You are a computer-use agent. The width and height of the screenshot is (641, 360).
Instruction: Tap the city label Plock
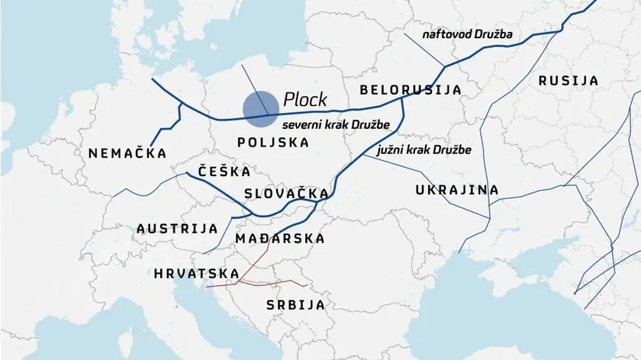coord(304,99)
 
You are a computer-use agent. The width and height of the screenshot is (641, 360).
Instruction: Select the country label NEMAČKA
coord(127,153)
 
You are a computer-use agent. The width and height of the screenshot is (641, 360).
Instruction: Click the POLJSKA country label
coord(273,143)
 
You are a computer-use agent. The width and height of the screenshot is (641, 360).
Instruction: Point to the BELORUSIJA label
coord(411,90)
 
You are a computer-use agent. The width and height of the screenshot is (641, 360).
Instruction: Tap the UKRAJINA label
coord(457,190)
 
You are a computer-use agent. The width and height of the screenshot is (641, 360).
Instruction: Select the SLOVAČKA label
coord(286,194)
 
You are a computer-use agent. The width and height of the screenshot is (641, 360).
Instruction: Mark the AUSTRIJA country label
coord(177,228)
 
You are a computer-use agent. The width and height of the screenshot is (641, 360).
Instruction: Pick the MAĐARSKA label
coord(281,239)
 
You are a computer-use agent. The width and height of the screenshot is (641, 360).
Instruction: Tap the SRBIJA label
coord(295,305)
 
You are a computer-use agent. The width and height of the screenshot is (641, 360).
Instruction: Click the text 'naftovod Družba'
coord(469,35)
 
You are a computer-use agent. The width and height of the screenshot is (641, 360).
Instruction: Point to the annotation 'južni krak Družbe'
coord(424,149)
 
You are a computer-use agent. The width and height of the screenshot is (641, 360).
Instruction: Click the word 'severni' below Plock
coord(301,124)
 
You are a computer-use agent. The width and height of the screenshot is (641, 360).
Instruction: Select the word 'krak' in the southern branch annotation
coord(420,149)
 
